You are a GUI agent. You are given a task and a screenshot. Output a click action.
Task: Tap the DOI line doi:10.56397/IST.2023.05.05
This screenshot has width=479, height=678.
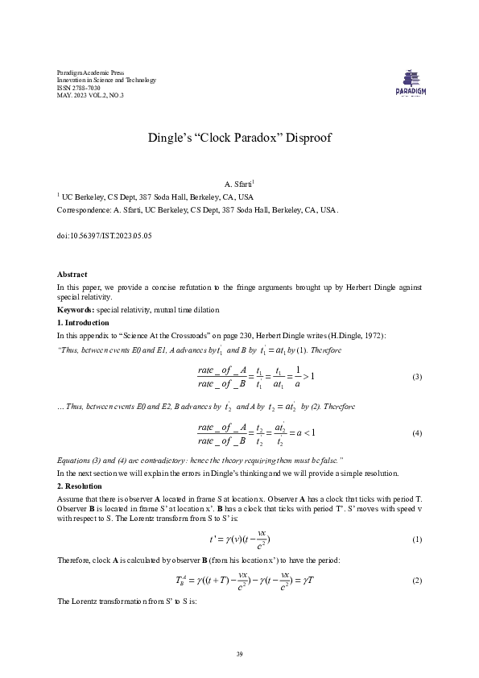[104, 236]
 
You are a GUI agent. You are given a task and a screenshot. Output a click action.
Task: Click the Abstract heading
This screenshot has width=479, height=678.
[72, 275]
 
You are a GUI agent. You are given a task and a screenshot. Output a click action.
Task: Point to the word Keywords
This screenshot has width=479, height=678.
[75, 310]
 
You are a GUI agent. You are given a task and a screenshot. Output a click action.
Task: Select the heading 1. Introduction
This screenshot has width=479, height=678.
[85, 321]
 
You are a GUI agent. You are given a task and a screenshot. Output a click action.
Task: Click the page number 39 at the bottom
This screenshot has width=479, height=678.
[239, 653]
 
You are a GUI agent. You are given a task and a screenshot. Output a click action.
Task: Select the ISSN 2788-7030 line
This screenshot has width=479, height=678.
[79, 88]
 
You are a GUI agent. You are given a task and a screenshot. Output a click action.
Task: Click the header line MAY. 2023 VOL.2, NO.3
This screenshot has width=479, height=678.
[90, 95]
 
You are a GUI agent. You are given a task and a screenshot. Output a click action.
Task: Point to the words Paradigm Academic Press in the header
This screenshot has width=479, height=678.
[90, 72]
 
